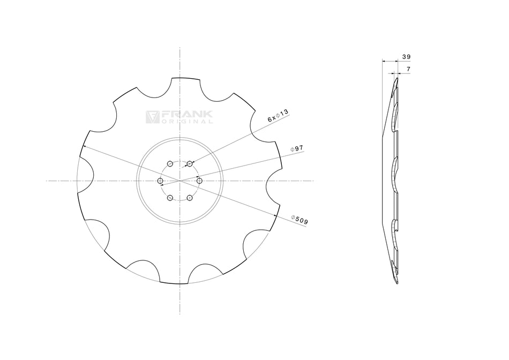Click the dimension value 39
coord(406,56)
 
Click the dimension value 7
coord(408,70)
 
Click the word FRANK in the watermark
coord(187,115)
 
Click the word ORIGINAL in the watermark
coord(187,122)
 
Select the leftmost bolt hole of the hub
coord(160,181)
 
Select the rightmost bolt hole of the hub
coord(199,181)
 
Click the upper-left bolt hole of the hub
coord(169,163)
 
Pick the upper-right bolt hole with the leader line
coord(190,163)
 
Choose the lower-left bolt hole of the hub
coord(169,198)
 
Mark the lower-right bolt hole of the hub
coord(190,198)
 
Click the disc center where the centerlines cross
coord(179,181)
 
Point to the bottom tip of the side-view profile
coord(396,283)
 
